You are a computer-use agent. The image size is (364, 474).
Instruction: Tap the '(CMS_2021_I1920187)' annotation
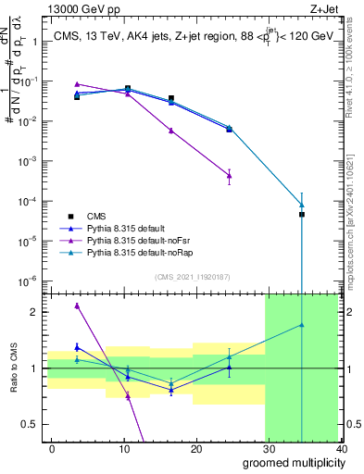(193, 276)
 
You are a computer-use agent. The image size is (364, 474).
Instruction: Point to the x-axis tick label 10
(123, 448)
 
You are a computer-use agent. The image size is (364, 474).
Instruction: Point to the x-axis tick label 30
(268, 448)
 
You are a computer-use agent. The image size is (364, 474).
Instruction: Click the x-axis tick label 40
(340, 448)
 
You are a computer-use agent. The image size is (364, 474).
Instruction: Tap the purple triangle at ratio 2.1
(77, 306)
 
